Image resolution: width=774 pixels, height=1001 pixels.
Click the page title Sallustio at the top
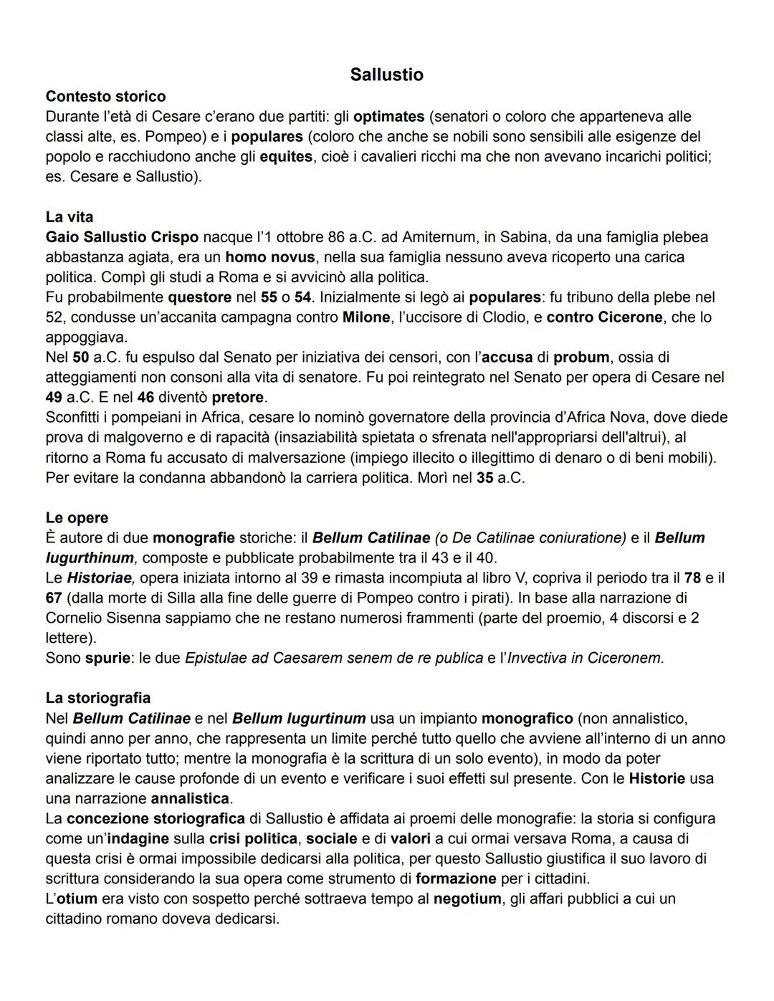[386, 75]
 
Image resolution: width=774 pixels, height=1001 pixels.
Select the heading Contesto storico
[105, 96]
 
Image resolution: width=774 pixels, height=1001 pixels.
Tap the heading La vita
[70, 216]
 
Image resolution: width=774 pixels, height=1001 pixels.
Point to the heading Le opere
[77, 517]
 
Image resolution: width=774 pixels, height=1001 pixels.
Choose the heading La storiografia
[98, 697]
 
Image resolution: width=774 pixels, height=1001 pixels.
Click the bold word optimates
[389, 116]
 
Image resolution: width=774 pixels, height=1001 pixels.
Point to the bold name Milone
[366, 317]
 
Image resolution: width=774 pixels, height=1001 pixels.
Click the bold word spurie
[107, 658]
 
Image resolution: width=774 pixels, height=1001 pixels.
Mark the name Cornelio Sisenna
[97, 618]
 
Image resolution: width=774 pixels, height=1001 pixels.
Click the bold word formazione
[456, 878]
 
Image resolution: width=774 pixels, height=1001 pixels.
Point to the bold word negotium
[467, 899]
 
